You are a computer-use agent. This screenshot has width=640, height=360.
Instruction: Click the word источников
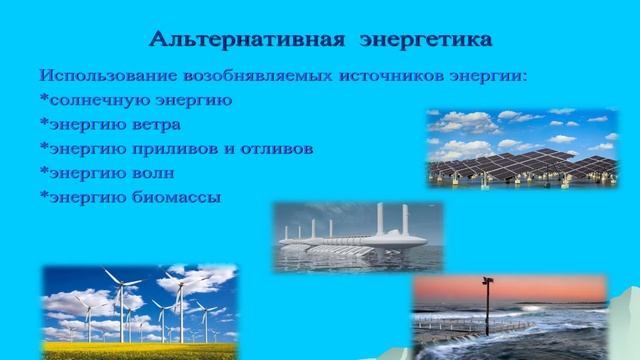click(393, 76)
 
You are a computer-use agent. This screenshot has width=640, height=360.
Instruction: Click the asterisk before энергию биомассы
click(44, 194)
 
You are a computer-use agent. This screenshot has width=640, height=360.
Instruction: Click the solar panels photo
click(521, 148)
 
